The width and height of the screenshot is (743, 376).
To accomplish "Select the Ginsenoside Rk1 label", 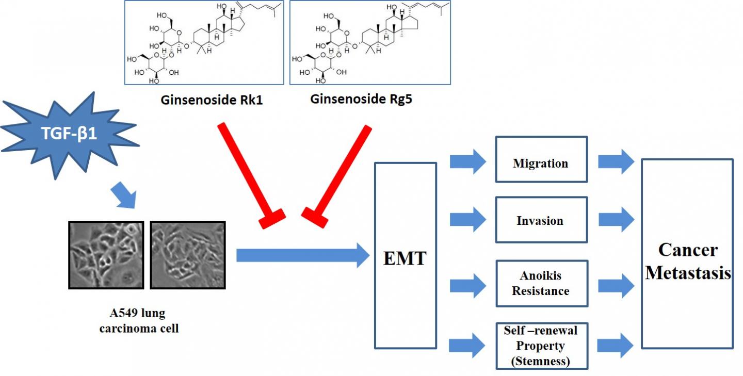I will coord(212,100).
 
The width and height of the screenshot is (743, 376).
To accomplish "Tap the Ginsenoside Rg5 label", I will coord(361,99).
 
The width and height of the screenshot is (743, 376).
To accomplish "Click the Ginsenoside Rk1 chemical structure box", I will coord(204,42).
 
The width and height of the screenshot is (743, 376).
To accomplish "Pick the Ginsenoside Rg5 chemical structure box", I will coord(370,42).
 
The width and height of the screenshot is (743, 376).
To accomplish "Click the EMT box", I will coord(405,256).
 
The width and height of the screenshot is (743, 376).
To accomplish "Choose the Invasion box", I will coord(541,220).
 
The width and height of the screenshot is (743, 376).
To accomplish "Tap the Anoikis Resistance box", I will coord(541,283).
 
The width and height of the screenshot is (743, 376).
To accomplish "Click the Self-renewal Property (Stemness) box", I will coord(541,346).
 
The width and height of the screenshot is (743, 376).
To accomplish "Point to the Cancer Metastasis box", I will coord(687,254).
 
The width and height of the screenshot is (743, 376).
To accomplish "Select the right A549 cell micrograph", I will coord(187,255).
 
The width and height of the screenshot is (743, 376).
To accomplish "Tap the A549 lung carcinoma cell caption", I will coord(139,320).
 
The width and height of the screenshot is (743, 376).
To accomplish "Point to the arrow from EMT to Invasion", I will coord(467,220).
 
